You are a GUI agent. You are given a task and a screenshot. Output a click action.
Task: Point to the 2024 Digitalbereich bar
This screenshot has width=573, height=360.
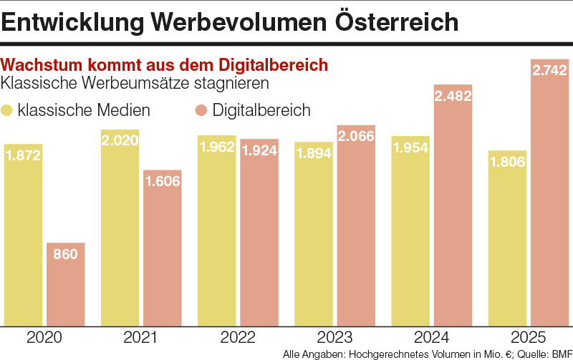pyautogui.click(x=453, y=215)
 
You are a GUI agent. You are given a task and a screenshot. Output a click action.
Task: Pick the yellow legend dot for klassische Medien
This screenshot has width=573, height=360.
pyautogui.click(x=8, y=110)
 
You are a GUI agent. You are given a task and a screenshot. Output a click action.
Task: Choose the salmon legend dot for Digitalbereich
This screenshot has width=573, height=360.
pyautogui.click(x=201, y=110)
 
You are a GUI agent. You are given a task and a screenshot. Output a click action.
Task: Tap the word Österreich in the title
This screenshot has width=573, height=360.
pyautogui.click(x=398, y=21)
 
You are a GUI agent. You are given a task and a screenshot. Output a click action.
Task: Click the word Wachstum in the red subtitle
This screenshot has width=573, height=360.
pyautogui.click(x=42, y=64)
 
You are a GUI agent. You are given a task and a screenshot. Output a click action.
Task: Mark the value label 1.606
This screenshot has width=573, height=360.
pyautogui.click(x=163, y=182)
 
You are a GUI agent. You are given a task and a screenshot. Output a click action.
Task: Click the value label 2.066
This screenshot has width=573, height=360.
pyautogui.click(x=356, y=136)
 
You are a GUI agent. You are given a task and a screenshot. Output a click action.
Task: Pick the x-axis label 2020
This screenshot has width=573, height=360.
pyautogui.click(x=44, y=337)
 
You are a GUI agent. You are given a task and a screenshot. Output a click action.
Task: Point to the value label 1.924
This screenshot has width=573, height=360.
pyautogui.click(x=259, y=152)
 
